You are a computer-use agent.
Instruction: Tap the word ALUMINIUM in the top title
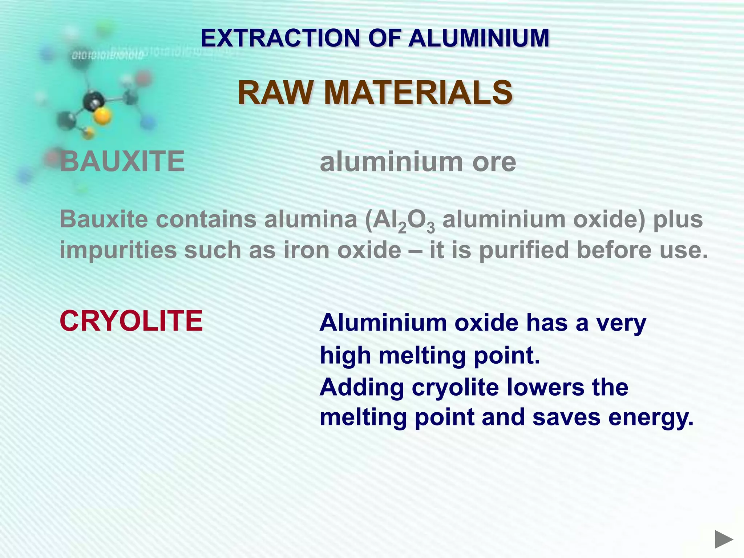click(479, 38)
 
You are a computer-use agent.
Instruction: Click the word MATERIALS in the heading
click(418, 93)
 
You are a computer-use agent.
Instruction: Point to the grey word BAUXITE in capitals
click(122, 161)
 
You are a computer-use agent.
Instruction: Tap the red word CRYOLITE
click(131, 321)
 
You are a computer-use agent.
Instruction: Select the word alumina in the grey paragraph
click(311, 219)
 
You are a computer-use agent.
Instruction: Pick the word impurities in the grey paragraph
click(118, 251)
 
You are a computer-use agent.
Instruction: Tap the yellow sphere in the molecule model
click(102, 116)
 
